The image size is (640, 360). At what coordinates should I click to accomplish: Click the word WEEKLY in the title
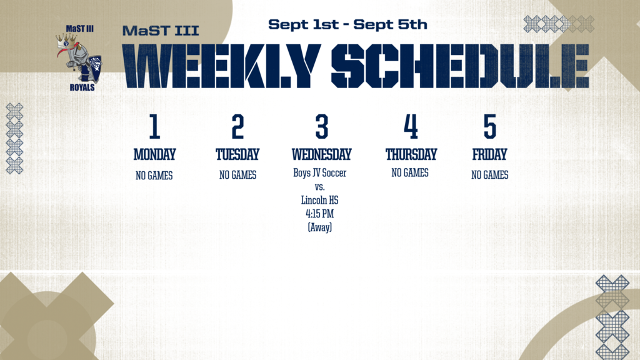tap(221, 66)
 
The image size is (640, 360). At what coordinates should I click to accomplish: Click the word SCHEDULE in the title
tap(460, 66)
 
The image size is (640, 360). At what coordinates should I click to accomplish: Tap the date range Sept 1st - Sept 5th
tap(347, 24)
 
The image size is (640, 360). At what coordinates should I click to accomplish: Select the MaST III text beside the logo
tap(161, 31)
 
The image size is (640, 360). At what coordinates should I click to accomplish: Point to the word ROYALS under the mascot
tap(82, 87)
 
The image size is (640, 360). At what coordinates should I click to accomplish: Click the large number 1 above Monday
tap(154, 126)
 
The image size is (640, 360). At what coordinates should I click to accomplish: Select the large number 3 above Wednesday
tap(322, 126)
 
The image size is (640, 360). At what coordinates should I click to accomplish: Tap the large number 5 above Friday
tap(490, 126)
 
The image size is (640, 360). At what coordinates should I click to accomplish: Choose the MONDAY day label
tap(155, 154)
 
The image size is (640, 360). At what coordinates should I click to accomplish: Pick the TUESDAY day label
tap(237, 154)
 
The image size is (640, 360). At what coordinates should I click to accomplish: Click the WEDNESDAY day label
tap(322, 154)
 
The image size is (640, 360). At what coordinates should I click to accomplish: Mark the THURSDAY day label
tap(411, 154)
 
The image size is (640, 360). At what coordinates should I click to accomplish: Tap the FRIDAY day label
tap(489, 154)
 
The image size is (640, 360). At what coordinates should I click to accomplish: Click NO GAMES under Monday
tap(154, 176)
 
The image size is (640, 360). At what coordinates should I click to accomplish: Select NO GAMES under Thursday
tap(410, 173)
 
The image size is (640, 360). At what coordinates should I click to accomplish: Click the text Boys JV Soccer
tap(319, 173)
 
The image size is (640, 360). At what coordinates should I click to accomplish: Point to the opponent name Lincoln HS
tap(319, 200)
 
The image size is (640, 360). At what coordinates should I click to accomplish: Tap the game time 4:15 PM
tap(319, 214)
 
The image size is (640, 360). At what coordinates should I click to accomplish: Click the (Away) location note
tap(319, 227)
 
